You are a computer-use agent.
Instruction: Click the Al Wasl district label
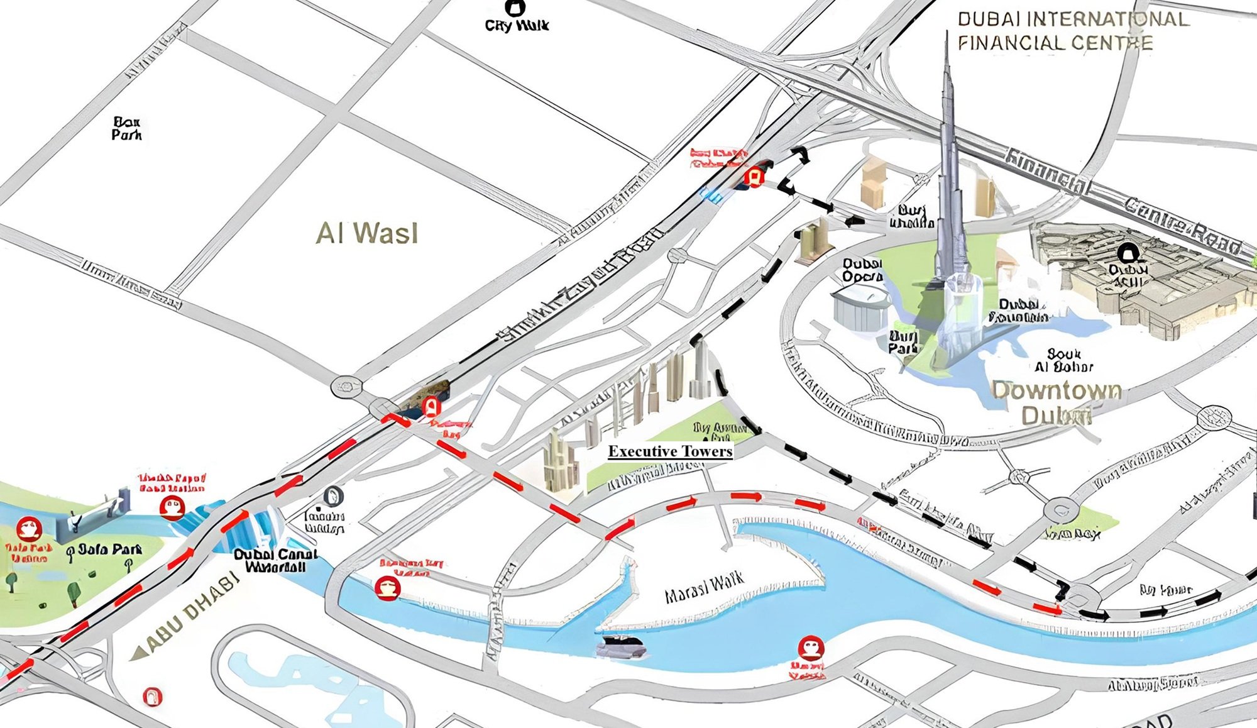pos(366,233)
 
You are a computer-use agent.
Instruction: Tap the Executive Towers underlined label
pos(670,451)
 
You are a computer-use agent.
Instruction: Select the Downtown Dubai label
pos(1057,402)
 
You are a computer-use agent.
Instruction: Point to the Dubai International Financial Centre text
pos(1072,31)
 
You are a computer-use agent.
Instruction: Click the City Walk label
pos(517,25)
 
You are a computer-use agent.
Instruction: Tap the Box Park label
pos(126,128)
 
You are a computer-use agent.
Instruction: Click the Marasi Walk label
pos(705,587)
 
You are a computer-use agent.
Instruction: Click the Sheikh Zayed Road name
pos(581,286)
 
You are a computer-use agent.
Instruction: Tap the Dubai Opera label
pos(862,270)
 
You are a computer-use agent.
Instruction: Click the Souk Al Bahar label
pos(1064,360)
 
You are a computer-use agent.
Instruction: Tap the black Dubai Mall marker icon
pos(1128,253)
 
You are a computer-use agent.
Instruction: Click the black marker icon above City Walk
pos(515,8)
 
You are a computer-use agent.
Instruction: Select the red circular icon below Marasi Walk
pos(810,648)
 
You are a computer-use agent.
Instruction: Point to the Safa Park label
pos(109,550)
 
